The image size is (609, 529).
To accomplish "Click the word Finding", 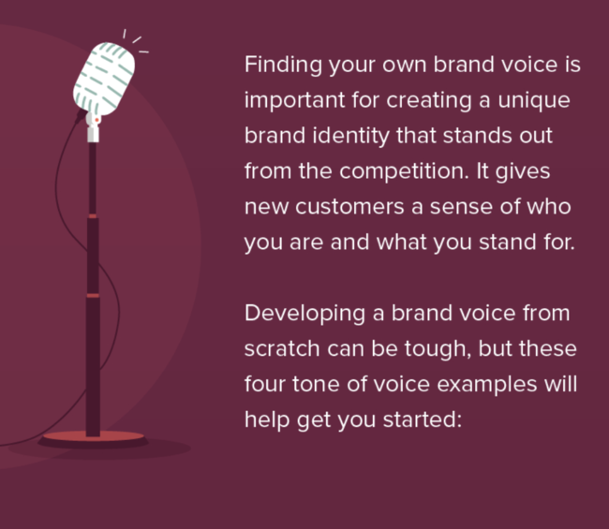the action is pos(283,65).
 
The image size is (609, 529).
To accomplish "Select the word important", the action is pos(294,101).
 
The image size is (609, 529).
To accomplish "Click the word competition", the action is pos(404,171).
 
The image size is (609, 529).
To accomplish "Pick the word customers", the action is pos(349,207).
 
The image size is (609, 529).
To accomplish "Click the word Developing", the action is pos(304,314).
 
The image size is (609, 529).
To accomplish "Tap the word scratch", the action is pos(282,348).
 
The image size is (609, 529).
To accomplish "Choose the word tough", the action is pos(438,349).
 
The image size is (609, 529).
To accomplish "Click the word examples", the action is pos(486,385).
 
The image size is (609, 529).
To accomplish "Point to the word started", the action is pos(423,420).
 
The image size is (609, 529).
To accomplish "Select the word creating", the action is pos(429,101).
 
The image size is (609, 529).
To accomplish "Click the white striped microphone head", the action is pos(104,79).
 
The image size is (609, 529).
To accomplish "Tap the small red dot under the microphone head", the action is pos(97,120).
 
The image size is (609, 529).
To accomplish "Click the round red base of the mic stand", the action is pos(93,436).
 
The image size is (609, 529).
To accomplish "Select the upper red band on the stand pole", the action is pos(93,215).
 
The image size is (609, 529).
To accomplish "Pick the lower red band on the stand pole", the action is pos(93,296).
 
